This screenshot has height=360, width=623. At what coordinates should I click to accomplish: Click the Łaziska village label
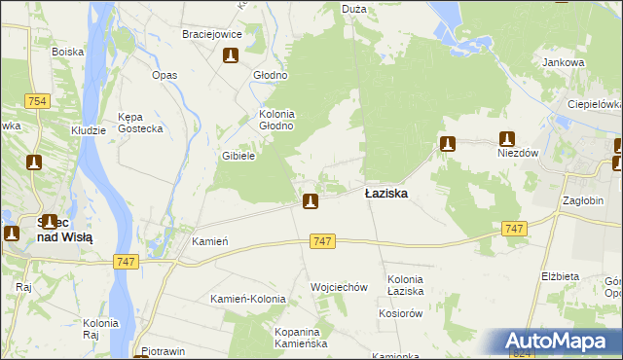(x=386, y=194)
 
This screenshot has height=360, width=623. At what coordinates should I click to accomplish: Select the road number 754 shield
(x=38, y=101)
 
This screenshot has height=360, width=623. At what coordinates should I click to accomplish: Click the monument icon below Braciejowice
(x=231, y=56)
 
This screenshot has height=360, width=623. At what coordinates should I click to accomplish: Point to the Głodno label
(x=270, y=75)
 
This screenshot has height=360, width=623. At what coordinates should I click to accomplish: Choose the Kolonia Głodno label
(x=275, y=120)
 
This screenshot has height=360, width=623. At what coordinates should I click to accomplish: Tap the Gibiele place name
(x=238, y=156)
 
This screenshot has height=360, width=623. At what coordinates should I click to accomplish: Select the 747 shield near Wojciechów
(x=323, y=240)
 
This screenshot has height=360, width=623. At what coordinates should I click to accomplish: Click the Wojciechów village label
(x=338, y=287)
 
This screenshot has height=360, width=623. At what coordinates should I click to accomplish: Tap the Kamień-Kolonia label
(x=247, y=299)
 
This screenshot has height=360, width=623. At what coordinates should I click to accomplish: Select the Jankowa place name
(x=564, y=63)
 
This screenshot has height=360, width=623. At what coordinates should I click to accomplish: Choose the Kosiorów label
(x=400, y=313)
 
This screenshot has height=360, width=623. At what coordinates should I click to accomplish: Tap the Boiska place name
(x=67, y=51)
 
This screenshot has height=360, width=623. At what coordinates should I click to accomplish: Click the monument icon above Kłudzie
(x=34, y=162)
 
